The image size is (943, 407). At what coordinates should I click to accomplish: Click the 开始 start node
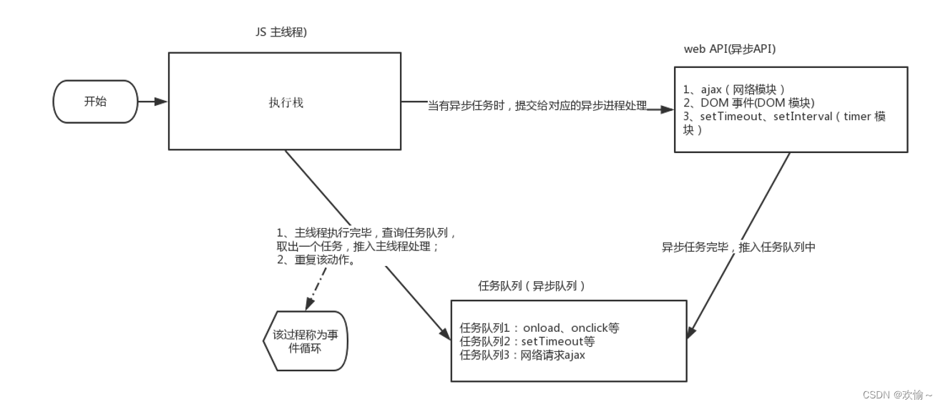[95, 102]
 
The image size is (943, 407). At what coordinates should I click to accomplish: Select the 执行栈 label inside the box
[285, 102]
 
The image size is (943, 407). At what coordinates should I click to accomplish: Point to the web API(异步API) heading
[730, 49]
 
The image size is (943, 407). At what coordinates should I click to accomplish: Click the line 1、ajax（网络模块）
[734, 89]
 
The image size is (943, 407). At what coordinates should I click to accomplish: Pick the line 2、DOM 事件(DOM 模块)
[748, 103]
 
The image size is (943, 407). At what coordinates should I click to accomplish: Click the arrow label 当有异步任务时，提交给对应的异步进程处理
[537, 106]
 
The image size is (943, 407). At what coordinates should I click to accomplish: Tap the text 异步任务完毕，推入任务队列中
[738, 247]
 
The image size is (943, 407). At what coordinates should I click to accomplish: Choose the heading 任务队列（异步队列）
[532, 285]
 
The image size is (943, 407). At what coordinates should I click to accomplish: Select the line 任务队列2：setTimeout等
[527, 341]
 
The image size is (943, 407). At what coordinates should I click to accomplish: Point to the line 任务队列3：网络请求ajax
[522, 355]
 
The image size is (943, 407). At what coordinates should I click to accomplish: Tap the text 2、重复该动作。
[317, 260]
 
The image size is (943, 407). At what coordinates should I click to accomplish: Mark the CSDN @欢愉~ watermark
[897, 394]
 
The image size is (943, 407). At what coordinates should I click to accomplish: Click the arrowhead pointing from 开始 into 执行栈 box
[162, 102]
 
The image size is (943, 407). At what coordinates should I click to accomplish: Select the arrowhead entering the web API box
[668, 109]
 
